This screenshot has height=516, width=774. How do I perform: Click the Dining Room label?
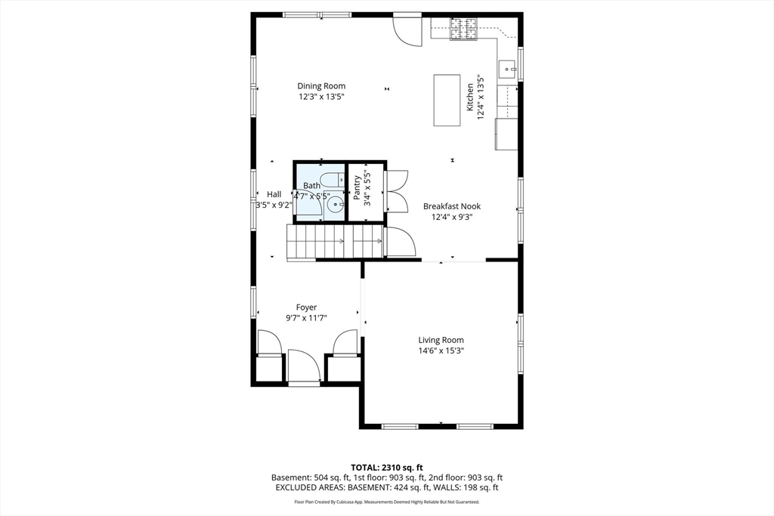[320, 86]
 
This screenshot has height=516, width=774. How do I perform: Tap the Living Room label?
[441, 340]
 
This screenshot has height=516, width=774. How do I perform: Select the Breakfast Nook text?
[452, 206]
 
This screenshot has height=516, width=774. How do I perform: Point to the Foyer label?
[306, 307]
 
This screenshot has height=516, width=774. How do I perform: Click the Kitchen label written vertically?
[470, 97]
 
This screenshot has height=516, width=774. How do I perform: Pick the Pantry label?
[357, 188]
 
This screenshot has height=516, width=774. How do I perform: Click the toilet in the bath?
[332, 179]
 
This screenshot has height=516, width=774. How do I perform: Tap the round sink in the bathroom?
[336, 204]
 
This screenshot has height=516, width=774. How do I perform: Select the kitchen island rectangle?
[447, 100]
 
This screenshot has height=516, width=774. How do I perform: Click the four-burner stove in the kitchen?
[463, 29]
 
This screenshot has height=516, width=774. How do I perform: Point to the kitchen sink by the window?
[507, 70]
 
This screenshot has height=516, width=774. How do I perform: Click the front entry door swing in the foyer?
[304, 366]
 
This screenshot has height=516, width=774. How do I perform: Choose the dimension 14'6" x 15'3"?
[441, 351]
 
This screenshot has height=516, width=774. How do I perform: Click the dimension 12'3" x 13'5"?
[320, 97]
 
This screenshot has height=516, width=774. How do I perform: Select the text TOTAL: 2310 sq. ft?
[387, 467]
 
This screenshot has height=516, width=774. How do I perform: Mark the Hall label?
[274, 194]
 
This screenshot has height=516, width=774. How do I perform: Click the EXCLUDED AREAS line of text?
[387, 487]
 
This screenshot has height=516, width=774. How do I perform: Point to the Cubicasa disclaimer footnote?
[387, 502]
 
